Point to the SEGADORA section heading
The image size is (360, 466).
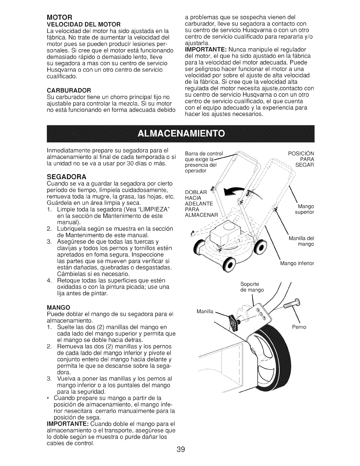(x=66, y=177)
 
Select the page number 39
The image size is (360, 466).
(x=180, y=442)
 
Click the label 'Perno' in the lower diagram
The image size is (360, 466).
(x=299, y=327)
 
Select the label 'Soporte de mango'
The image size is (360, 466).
(x=252, y=287)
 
